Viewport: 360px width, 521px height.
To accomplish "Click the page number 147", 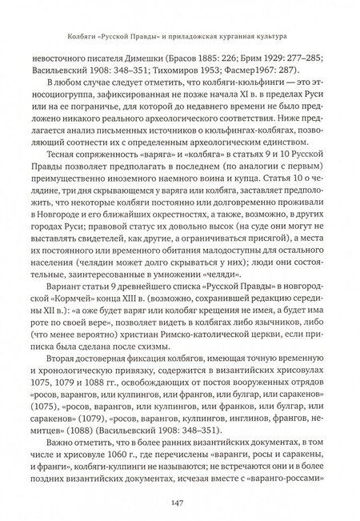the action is [180, 503].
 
